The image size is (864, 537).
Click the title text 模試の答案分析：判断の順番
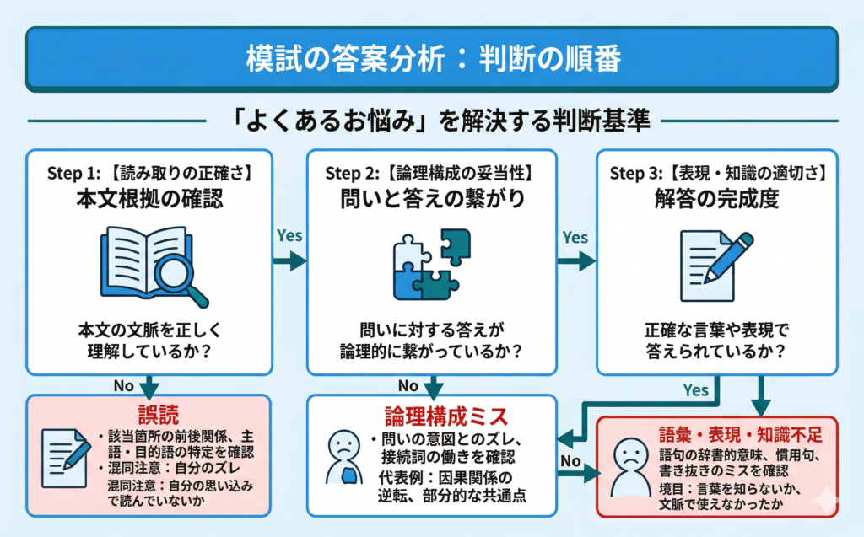432,59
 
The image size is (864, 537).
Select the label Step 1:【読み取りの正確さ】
149,174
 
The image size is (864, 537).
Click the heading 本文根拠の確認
149,201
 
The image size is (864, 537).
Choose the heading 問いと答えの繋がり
431,201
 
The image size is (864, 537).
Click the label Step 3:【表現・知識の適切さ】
717,174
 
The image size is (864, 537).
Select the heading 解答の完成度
717,201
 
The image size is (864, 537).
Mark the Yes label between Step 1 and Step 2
289,237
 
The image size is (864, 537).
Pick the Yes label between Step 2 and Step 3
575,237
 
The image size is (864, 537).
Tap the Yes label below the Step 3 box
695,390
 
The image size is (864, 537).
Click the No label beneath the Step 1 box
126,385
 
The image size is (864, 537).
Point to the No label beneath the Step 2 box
409,385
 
